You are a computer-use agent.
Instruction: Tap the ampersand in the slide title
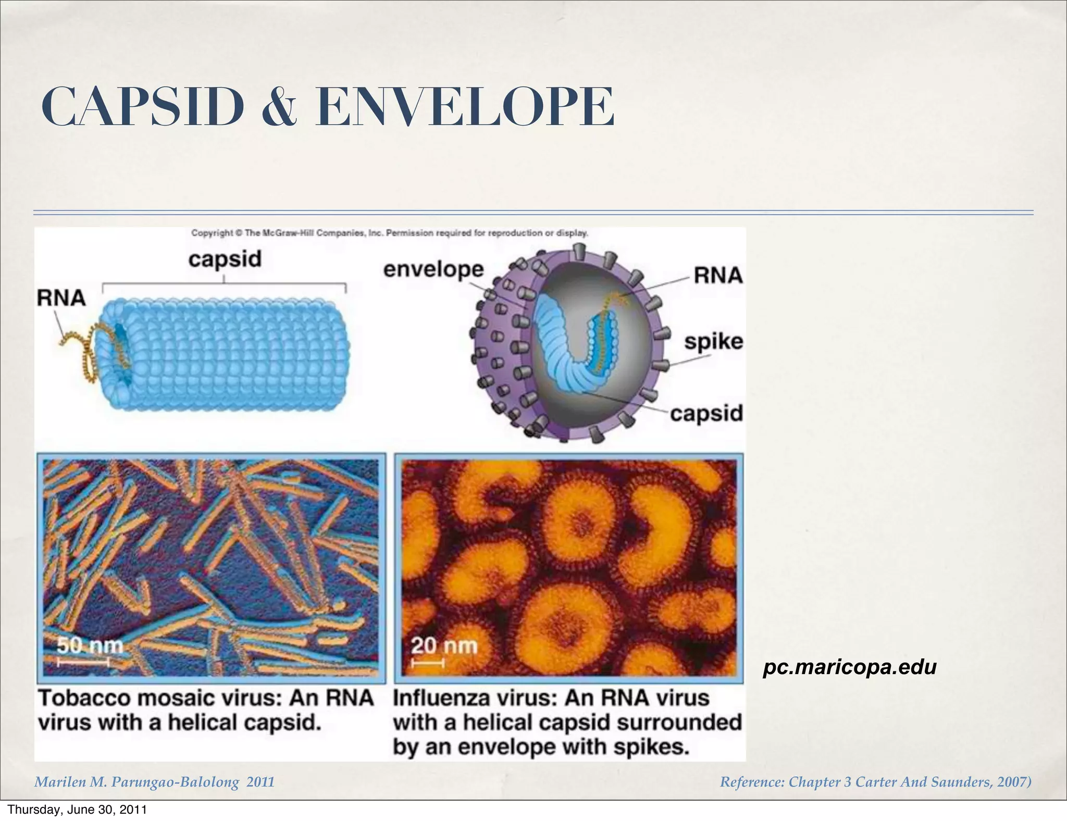280,108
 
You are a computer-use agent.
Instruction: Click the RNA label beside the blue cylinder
61,298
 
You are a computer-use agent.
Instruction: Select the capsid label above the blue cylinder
225,259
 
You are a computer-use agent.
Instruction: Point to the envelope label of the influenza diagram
433,270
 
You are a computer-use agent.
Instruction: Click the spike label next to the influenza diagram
713,342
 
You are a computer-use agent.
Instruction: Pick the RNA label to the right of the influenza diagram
718,275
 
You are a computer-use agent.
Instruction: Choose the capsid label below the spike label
706,414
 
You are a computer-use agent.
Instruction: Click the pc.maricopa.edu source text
849,667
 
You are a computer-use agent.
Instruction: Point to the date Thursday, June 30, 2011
77,810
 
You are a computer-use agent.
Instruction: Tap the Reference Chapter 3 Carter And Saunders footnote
875,782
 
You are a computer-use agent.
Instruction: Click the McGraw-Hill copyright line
390,233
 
